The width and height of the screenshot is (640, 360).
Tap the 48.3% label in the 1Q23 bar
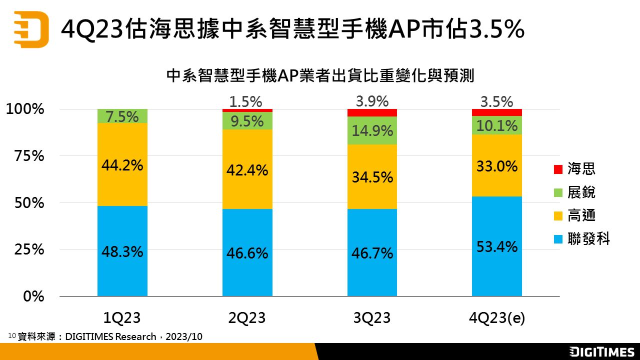tap(122, 251)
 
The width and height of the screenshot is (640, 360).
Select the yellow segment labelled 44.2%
tap(122, 164)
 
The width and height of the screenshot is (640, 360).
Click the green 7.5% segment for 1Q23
tap(122, 116)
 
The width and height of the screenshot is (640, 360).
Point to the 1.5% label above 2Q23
tap(245, 101)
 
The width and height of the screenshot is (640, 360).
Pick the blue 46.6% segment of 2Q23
tap(247, 253)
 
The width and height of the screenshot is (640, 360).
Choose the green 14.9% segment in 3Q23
tap(372, 131)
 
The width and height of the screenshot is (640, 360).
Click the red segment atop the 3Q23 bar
tap(372, 112)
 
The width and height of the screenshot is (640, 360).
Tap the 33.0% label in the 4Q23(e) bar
tap(496, 165)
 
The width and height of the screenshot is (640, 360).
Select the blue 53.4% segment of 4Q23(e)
tap(496, 246)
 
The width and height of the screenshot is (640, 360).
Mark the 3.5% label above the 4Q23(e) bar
tap(496, 101)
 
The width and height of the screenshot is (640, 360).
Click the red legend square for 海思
tap(558, 169)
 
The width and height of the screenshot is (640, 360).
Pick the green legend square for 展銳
tap(558, 192)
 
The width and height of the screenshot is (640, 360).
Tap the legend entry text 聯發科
tap(588, 239)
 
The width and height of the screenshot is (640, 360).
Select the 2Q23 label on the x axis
tap(247, 318)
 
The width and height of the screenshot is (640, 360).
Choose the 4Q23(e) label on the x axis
tap(496, 318)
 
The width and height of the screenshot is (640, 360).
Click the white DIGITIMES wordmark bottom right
tap(601, 351)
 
